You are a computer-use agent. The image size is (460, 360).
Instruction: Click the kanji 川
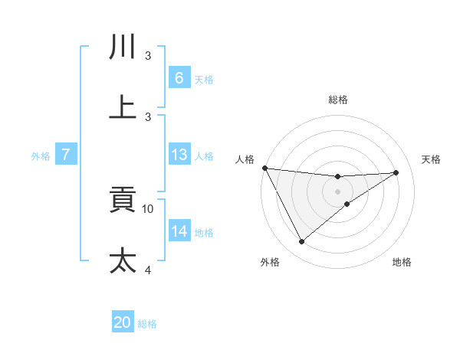[123, 47]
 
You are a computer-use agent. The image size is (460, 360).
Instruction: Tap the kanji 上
[123, 107]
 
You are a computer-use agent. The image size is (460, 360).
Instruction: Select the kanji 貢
[123, 201]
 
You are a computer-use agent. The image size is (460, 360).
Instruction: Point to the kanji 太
[123, 260]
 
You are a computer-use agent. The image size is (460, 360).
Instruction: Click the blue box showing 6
[179, 77]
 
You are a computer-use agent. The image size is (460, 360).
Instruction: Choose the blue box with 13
[179, 155]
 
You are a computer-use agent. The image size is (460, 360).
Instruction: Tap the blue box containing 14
[179, 231]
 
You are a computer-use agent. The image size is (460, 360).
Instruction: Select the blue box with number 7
[66, 155]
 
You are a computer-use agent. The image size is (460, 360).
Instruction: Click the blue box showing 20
[123, 322]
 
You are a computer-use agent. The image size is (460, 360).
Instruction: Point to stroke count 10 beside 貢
[148, 208]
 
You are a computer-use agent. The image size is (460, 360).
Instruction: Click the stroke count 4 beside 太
[148, 270]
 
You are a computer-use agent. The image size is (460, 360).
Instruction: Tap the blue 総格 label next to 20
[147, 324]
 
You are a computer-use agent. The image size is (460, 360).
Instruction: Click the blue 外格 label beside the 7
[41, 156]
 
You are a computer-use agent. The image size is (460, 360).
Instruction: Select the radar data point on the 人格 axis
[265, 168]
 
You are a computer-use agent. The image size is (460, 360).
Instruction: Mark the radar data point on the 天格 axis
[396, 172]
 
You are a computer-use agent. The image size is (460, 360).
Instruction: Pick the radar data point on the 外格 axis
[301, 242]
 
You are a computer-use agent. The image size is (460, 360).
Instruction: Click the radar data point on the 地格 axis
[347, 204]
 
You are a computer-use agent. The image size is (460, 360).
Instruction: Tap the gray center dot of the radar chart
[337, 191]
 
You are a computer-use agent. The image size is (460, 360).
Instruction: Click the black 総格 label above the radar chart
[337, 100]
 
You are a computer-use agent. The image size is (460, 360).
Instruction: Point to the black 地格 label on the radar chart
[402, 263]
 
